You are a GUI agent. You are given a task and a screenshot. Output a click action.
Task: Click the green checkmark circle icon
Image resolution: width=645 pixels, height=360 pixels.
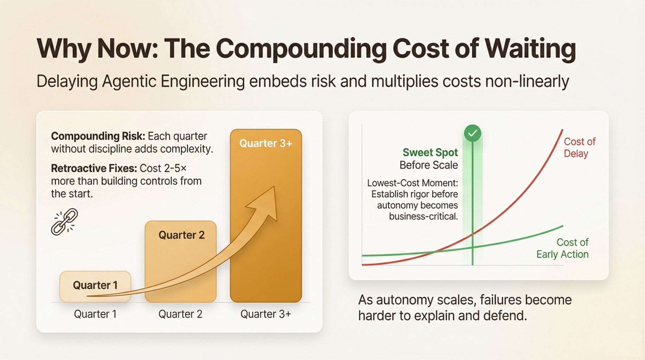(472, 133)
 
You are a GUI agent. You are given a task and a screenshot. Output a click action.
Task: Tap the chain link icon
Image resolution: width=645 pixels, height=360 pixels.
(64, 222)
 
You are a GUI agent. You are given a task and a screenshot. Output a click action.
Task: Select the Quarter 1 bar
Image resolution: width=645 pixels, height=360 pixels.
(95, 287)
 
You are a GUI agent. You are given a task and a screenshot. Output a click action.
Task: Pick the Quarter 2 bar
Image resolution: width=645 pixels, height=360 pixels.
(181, 261)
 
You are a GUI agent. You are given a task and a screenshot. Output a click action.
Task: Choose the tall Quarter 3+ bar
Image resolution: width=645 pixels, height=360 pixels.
(266, 216)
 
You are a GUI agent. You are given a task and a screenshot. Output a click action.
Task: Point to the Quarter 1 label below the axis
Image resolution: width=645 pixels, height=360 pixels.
(95, 314)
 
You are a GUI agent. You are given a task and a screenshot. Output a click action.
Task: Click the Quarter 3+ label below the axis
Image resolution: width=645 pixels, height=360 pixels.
(266, 314)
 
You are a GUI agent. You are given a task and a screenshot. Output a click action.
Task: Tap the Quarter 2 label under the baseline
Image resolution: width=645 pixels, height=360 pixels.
(180, 314)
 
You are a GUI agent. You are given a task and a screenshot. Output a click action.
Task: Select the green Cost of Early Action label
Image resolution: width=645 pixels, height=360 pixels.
(562, 248)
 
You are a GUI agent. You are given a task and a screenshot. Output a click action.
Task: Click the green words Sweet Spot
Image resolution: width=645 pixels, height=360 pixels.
(430, 153)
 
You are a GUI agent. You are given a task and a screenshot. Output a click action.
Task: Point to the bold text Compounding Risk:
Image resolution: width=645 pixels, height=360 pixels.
(98, 136)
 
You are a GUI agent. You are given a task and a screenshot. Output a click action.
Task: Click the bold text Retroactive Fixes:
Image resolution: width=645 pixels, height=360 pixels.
(94, 168)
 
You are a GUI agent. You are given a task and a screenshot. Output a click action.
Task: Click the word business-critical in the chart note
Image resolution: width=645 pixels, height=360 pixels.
(424, 216)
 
